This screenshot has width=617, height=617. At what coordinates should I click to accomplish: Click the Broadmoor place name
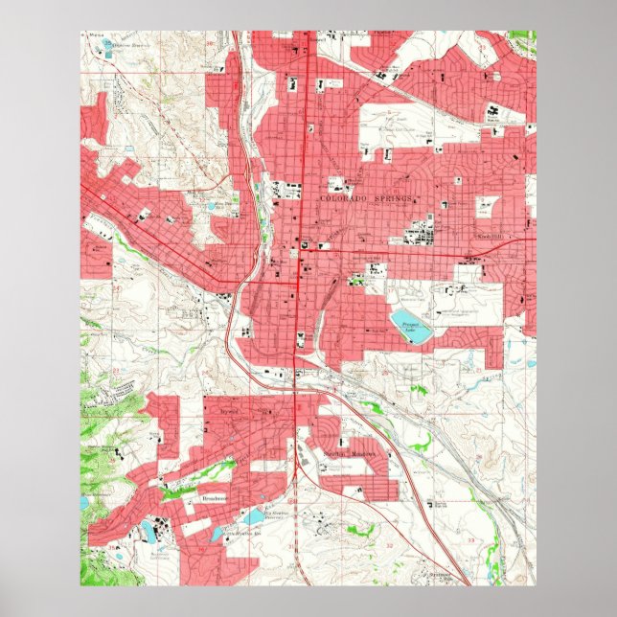(216, 499)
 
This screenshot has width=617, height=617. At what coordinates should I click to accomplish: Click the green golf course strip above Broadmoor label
(196, 473)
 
